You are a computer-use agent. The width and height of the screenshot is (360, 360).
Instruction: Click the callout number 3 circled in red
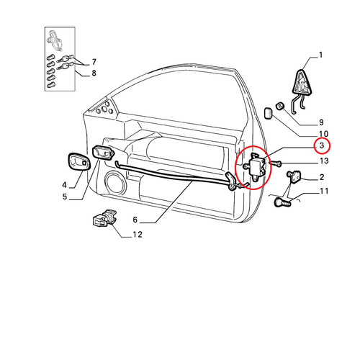[322, 145]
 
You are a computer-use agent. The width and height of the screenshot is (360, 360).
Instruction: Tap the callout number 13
[324, 161]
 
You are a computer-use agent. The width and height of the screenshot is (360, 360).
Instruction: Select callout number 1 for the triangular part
[321, 55]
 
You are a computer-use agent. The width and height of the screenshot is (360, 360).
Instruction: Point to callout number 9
[322, 122]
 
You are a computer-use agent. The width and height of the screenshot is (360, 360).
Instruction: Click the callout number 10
[324, 134]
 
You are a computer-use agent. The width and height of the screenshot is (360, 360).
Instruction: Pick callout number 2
[322, 177]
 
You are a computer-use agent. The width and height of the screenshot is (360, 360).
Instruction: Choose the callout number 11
[324, 191]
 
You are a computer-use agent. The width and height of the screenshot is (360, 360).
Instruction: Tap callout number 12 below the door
[138, 235]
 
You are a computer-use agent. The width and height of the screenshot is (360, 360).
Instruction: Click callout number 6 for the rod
[135, 220]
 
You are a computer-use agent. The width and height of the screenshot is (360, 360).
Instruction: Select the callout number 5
[65, 197]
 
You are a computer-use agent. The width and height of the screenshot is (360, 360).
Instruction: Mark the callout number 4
[65, 185]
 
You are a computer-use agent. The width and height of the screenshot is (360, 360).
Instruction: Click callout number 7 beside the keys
[94, 62]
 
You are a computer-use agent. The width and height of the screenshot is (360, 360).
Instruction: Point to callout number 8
[94, 73]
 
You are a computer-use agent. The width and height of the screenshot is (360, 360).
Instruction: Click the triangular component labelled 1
[302, 83]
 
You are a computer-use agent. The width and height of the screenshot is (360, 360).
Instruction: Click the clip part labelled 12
[104, 218]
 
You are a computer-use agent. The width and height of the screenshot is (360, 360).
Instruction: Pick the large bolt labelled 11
[282, 202]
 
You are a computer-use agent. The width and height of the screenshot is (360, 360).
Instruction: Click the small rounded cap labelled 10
[268, 113]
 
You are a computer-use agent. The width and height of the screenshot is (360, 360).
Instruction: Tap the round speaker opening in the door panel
[115, 183]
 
